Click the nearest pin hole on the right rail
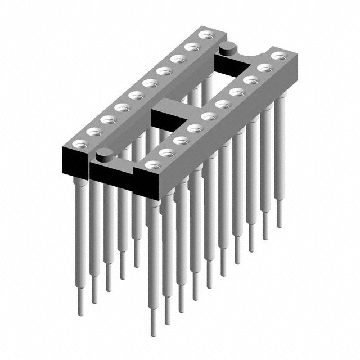tap(152, 165)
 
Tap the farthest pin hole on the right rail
tap(279, 56)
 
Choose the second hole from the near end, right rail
tap(166, 152)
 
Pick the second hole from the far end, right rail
tap(265, 68)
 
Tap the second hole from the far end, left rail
tap(192, 47)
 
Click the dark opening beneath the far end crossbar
tap(231, 66)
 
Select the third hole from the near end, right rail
tap(181, 141)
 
